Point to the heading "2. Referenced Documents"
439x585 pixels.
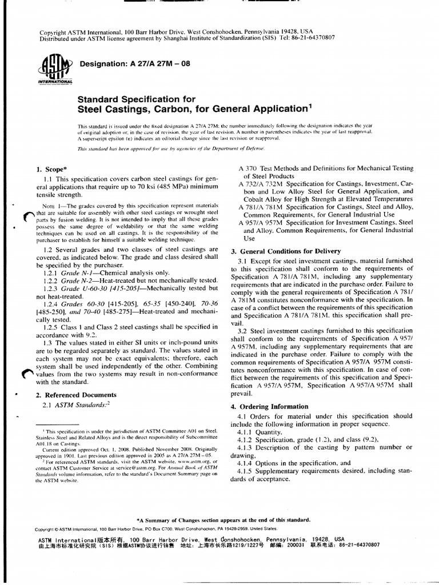point(75,394)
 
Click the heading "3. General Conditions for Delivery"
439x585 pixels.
point(285,251)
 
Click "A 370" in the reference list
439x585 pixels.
point(247,170)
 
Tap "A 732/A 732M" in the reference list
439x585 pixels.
point(258,185)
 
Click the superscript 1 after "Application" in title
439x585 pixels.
point(310,104)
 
